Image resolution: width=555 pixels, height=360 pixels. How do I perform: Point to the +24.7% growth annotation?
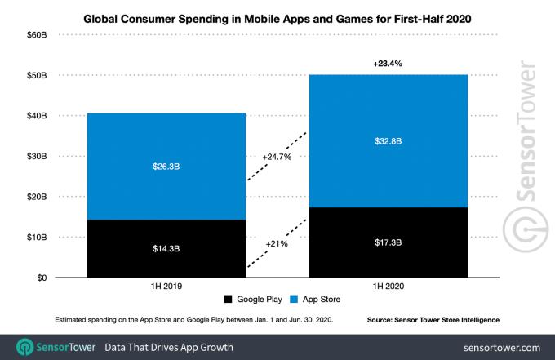[x=277, y=156]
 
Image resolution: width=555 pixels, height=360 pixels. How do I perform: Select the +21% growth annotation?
[x=277, y=243]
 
